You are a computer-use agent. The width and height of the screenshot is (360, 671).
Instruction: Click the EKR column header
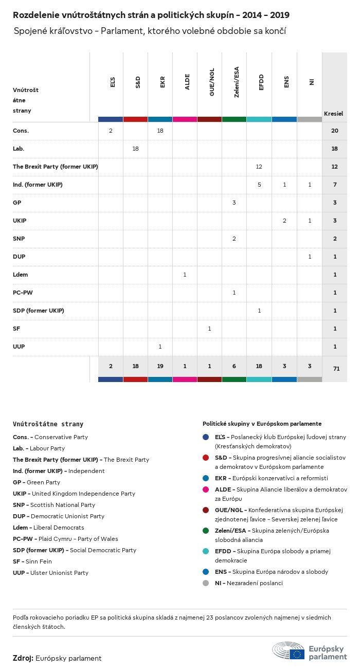click(162, 82)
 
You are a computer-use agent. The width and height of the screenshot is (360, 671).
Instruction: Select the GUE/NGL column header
click(211, 82)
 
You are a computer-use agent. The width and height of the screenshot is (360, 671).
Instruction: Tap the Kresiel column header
click(333, 114)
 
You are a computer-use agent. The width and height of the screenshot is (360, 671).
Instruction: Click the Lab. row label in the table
click(19, 149)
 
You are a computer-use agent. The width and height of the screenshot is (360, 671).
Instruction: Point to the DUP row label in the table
click(19, 257)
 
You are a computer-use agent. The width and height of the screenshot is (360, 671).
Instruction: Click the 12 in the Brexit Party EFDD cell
click(259, 167)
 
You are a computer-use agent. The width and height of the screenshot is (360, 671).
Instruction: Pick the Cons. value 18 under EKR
click(160, 131)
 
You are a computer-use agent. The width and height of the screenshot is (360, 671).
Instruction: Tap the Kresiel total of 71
click(334, 368)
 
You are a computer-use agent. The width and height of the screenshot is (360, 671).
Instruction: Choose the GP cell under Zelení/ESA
click(234, 203)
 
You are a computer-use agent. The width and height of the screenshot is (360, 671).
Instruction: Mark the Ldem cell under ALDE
click(185, 275)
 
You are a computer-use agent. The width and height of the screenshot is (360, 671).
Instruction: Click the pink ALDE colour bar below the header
click(185, 119)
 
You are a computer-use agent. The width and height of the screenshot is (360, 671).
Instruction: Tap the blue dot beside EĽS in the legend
click(206, 437)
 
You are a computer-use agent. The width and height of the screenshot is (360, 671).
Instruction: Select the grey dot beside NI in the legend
click(206, 583)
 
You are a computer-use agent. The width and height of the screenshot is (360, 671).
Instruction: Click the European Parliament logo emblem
click(288, 651)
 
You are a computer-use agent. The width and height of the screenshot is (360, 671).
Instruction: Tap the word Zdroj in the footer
click(23, 658)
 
